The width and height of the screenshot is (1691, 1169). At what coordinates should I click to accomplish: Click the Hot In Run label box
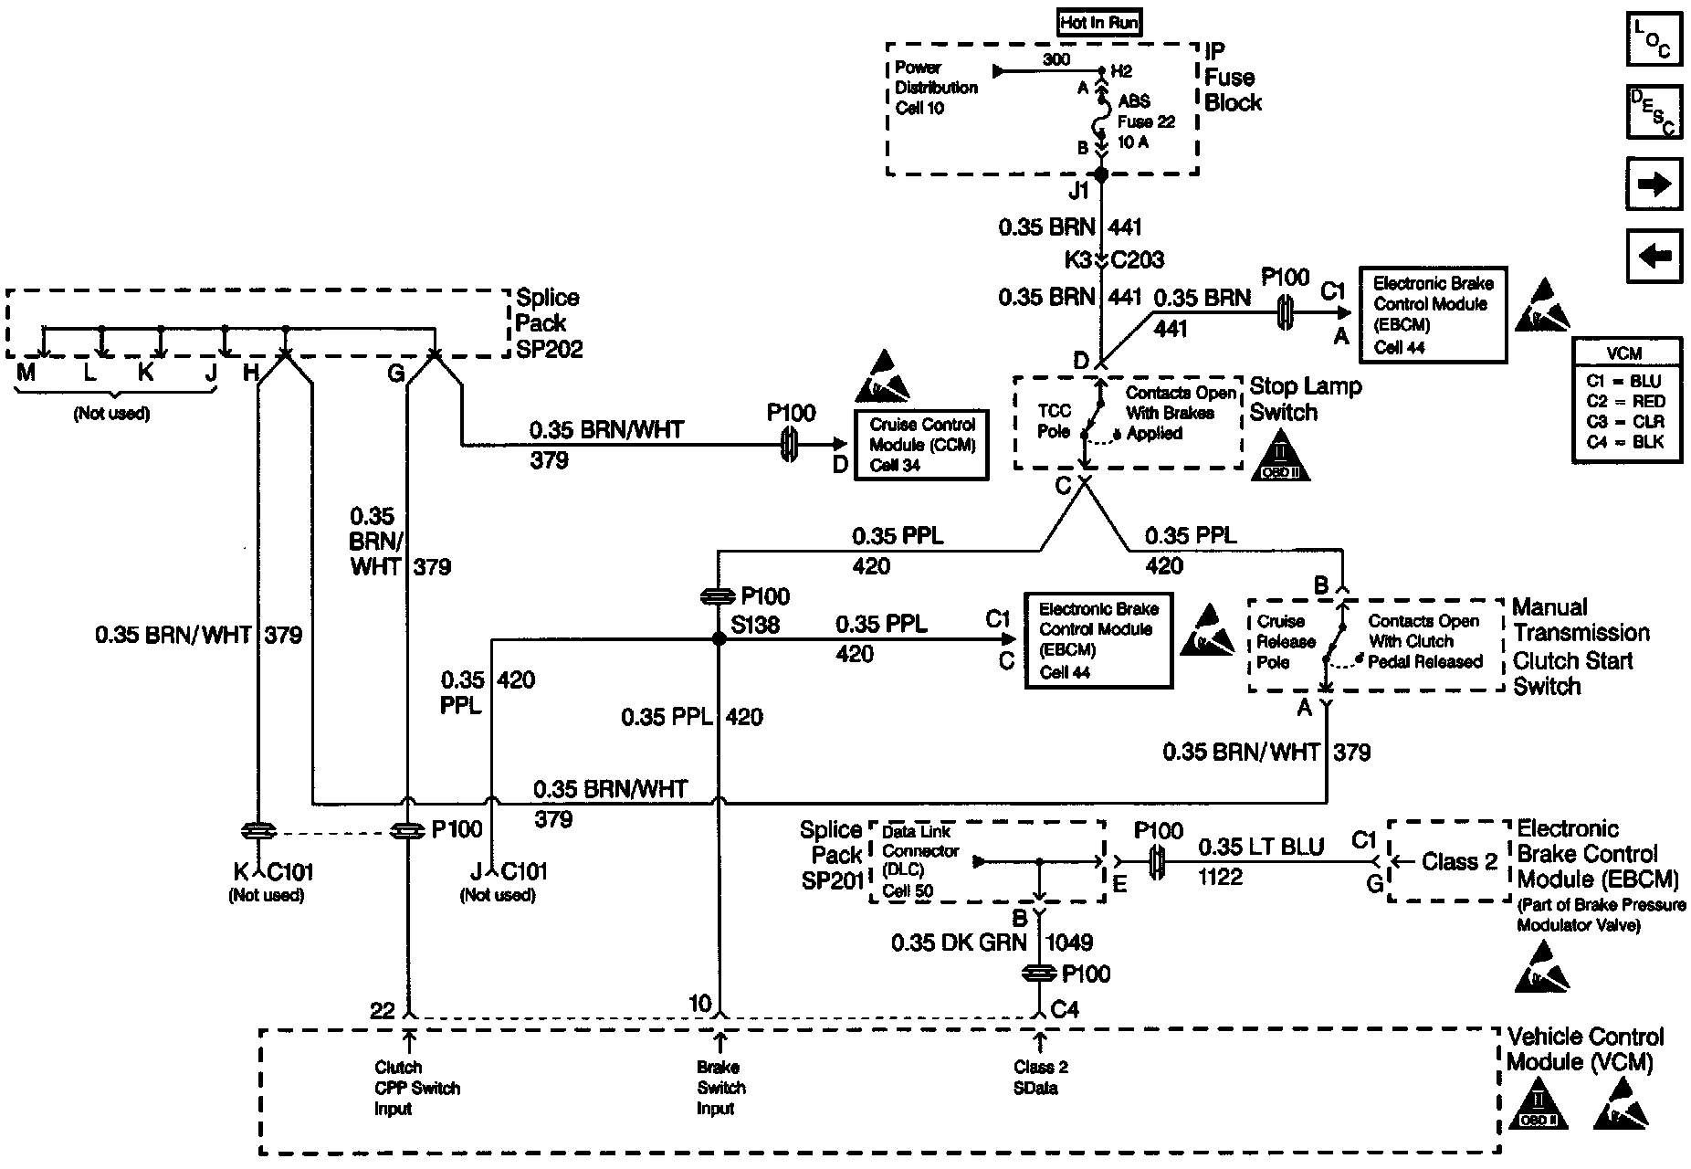(1099, 23)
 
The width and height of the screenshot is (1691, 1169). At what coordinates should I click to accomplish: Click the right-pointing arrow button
(1654, 184)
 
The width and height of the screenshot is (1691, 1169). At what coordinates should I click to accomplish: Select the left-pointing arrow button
(1654, 256)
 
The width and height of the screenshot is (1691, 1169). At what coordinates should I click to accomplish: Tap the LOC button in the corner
(1654, 39)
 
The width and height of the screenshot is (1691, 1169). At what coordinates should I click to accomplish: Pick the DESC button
(1654, 111)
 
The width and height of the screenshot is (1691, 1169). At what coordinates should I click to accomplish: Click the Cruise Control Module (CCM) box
(921, 445)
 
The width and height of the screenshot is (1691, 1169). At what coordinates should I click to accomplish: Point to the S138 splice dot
(719, 640)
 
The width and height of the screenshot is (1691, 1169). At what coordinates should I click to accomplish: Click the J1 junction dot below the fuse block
(1101, 174)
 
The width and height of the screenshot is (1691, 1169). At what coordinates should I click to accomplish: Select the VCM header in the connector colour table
(1625, 353)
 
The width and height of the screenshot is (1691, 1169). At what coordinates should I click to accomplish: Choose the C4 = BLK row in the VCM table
(1625, 442)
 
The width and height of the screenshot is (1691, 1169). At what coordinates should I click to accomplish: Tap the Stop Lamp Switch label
(1305, 399)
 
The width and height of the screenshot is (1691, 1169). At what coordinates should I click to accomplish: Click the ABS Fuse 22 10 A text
(1146, 121)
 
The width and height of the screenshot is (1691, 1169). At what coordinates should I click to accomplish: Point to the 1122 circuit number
(1220, 878)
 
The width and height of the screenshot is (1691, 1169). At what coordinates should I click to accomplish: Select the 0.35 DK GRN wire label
(959, 943)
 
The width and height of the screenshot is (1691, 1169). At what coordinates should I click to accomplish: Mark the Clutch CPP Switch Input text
(417, 1088)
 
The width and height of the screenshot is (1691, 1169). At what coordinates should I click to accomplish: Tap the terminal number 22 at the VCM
(382, 1009)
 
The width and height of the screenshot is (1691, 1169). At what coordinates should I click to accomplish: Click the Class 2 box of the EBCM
(1449, 861)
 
